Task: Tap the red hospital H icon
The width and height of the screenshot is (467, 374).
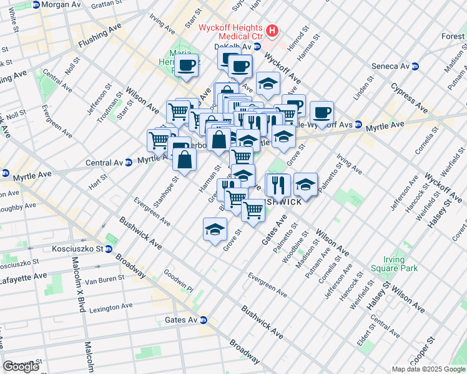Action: [x=272, y=30]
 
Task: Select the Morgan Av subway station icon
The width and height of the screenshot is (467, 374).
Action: [x=36, y=4]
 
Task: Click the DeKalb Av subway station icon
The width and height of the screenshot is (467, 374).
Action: [x=257, y=47]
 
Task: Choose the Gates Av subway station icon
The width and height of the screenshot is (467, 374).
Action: [x=203, y=320]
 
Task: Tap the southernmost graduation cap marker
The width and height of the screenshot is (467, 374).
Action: [x=215, y=229]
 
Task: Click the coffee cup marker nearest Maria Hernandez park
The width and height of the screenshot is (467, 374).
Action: [x=186, y=65]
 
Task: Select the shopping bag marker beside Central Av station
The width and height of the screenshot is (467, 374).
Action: [x=186, y=161]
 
